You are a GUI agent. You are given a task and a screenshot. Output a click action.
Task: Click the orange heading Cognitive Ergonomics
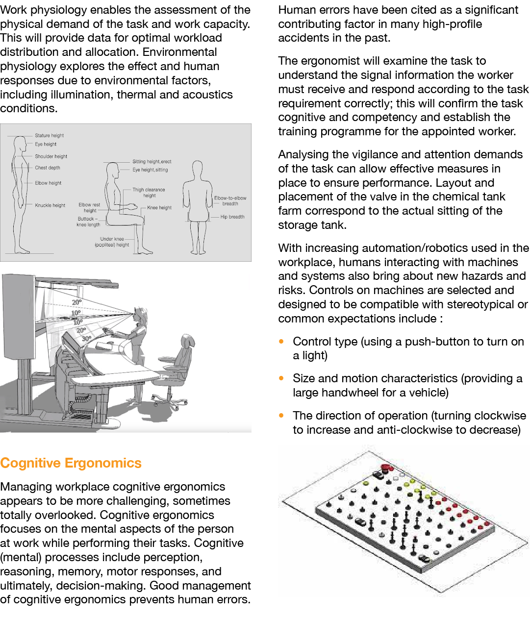point(71,463)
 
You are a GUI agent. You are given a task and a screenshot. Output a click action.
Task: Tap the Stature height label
point(49,136)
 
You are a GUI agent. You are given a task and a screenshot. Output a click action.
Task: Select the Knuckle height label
point(50,205)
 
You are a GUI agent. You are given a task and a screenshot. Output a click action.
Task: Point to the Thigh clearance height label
point(149,193)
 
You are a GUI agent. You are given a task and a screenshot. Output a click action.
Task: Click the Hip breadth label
point(232,217)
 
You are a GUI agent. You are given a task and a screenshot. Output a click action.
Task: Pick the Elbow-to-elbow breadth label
point(230,201)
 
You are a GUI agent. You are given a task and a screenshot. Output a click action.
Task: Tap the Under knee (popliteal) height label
point(112,242)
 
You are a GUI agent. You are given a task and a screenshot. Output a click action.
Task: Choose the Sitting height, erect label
point(152,161)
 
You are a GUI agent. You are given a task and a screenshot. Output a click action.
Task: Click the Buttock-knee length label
point(88,222)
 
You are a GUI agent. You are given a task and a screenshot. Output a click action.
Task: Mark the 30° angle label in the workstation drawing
point(86,339)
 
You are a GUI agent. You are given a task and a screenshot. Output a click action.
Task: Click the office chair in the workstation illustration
point(177,368)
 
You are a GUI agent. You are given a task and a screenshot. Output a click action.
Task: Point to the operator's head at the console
point(141,314)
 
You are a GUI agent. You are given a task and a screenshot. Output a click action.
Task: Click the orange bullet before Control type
point(281,341)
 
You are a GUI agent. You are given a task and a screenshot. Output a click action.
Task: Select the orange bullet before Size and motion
point(281,378)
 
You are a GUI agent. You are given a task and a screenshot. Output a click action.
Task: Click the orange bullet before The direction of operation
point(281,416)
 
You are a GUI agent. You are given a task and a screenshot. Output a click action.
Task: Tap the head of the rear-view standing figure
point(197,168)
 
